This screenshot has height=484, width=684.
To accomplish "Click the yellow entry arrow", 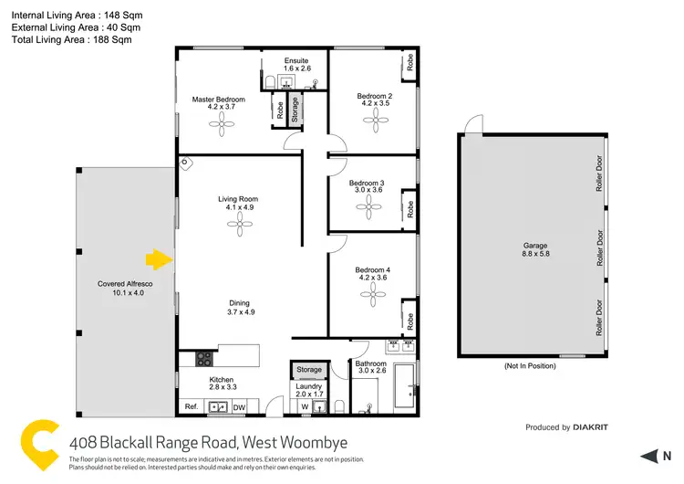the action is (161, 260).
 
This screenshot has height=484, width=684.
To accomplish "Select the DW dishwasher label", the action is (239, 407).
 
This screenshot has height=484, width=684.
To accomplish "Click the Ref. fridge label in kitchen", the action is (192, 407).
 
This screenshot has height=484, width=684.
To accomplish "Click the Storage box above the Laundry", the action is (309, 370).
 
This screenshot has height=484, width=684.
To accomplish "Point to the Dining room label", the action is (239, 308).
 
